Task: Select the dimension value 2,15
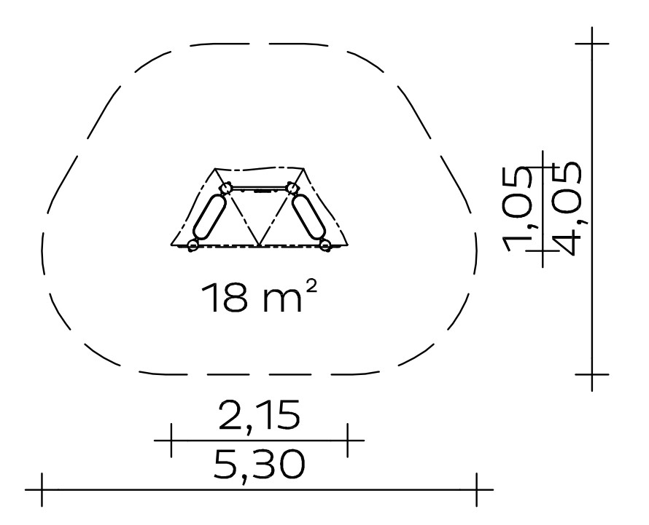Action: click(x=259, y=414)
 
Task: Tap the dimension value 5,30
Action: click(x=260, y=465)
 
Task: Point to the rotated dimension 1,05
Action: click(x=518, y=209)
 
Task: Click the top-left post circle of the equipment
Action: click(x=225, y=189)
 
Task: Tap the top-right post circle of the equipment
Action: click(x=292, y=189)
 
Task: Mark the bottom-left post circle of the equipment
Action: click(x=193, y=245)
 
